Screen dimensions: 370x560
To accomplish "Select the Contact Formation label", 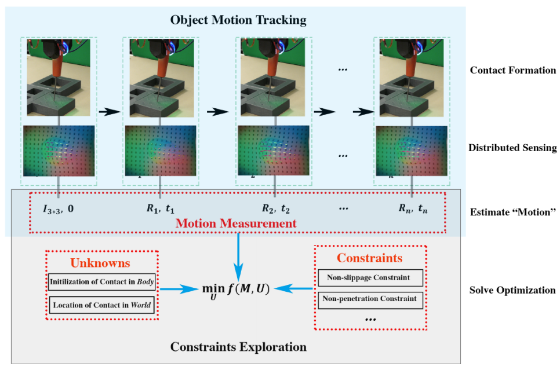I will (x=512, y=71).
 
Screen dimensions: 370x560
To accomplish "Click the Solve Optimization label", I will (x=512, y=290).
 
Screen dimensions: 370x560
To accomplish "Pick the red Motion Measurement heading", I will (x=236, y=223).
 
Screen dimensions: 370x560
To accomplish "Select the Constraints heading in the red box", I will (x=370, y=258).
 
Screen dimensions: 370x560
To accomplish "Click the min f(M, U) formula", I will (x=235, y=288).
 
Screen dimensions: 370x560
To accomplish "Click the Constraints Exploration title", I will (x=238, y=347).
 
